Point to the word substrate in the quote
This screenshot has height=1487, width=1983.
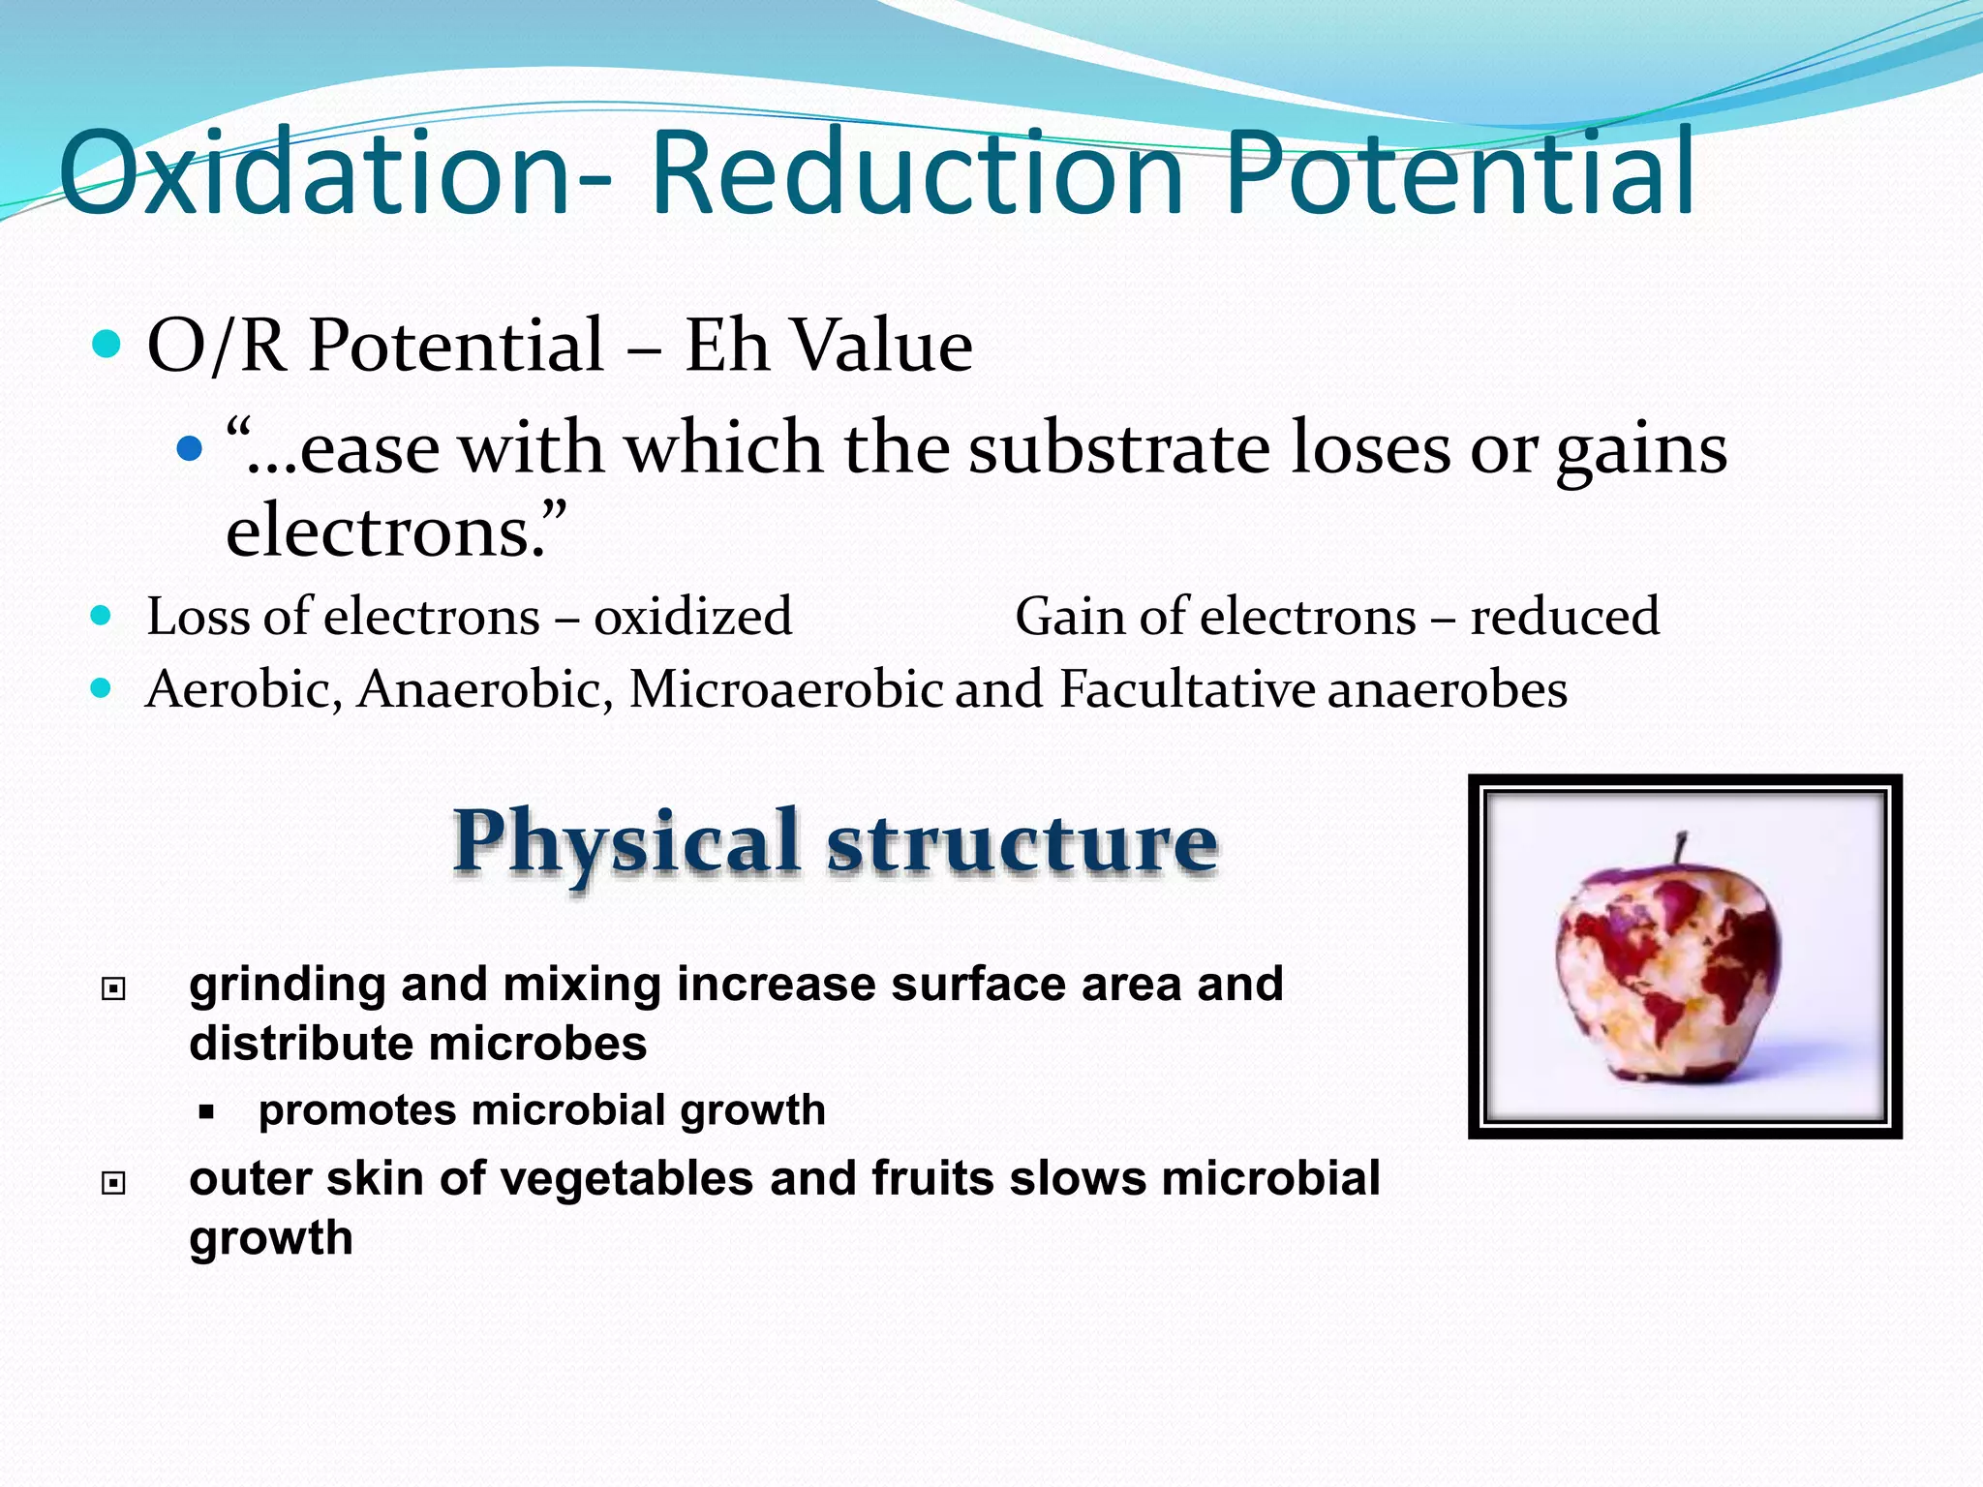point(1119,448)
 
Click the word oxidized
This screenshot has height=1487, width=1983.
point(692,617)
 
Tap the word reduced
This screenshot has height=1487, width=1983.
point(1565,617)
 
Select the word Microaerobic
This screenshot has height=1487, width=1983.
point(785,689)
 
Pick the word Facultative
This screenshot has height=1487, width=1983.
point(1187,689)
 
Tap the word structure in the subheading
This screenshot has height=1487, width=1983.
point(1022,842)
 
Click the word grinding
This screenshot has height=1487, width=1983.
point(287,986)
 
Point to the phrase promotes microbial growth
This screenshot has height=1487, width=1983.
point(541,1110)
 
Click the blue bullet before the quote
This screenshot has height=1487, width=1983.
point(190,448)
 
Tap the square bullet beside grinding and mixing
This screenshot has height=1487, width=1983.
point(114,988)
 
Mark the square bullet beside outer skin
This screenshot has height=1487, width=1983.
point(114,1183)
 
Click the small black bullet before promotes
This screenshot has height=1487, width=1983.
point(205,1112)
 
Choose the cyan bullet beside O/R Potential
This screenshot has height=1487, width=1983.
point(107,344)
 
